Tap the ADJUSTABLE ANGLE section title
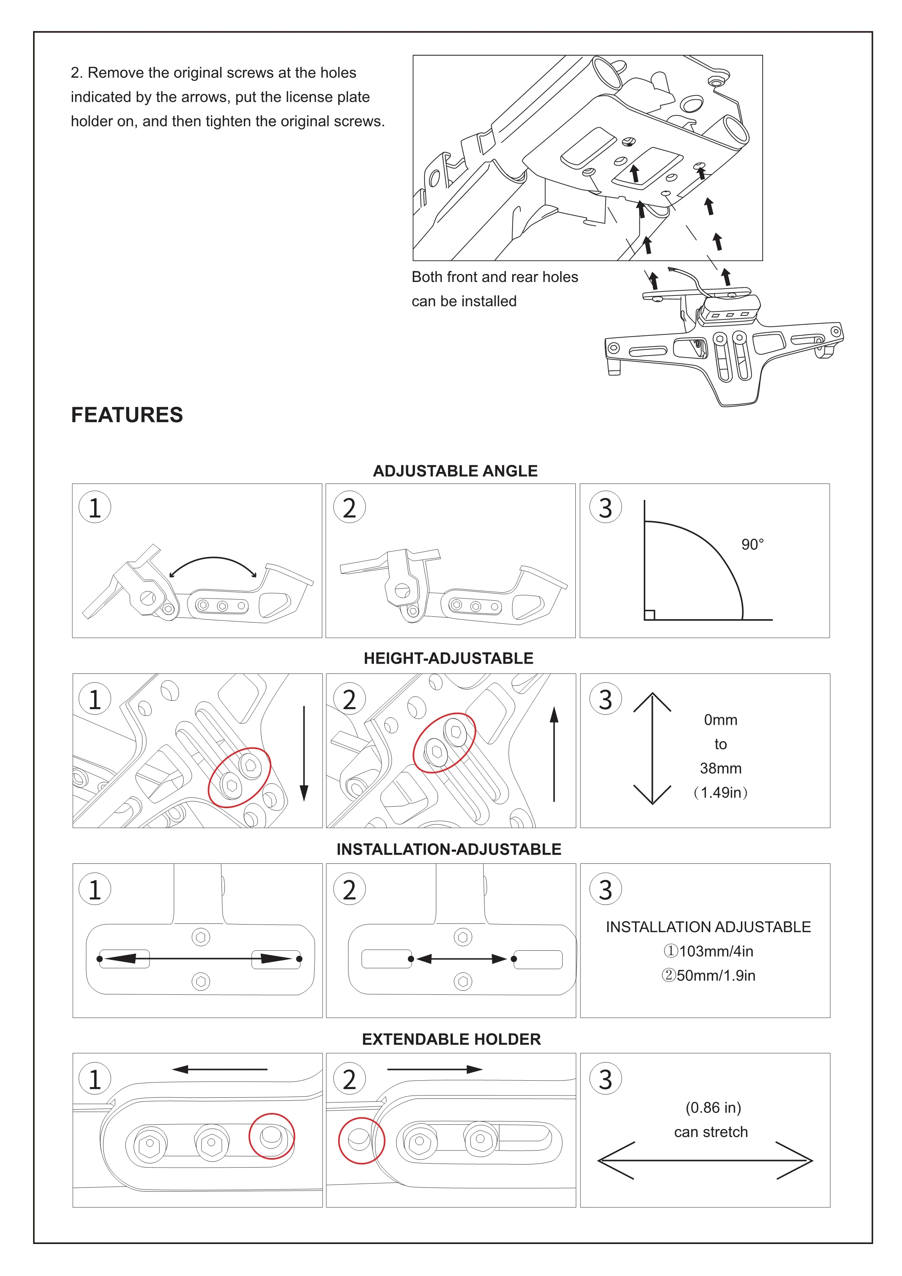[455, 471]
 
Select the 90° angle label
[752, 545]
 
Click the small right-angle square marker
[649, 615]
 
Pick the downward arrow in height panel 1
[304, 753]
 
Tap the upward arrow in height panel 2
[554, 753]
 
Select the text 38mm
[721, 768]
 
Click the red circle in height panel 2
[444, 743]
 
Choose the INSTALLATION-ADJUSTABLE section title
[449, 849]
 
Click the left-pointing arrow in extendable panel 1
[220, 1069]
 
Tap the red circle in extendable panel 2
[361, 1140]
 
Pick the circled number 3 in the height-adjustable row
[606, 699]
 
